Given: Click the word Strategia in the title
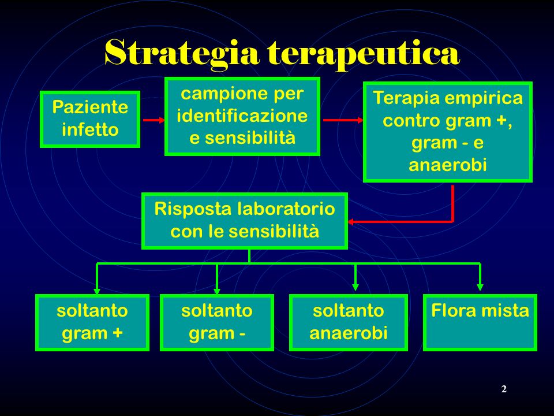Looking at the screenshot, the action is click(182, 53).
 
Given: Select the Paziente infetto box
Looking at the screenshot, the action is click(90, 119).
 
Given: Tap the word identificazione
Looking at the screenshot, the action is click(242, 116).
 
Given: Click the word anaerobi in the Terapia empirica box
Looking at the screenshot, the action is click(448, 165).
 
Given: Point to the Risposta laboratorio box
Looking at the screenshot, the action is click(245, 221).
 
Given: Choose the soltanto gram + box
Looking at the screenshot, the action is click(92, 322).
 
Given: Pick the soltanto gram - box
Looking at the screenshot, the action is click(217, 322).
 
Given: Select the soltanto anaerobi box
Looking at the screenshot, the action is click(349, 322).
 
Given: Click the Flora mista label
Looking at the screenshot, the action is click(480, 311).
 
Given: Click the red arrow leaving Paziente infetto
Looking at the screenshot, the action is click(154, 120).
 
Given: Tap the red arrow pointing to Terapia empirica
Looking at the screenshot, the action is click(343, 120).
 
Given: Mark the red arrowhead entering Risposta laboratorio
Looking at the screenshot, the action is click(351, 222).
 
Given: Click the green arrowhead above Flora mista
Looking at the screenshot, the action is click(480, 287).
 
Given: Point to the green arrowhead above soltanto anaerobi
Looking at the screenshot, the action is click(355, 287).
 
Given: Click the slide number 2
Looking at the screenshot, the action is click(504, 389).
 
